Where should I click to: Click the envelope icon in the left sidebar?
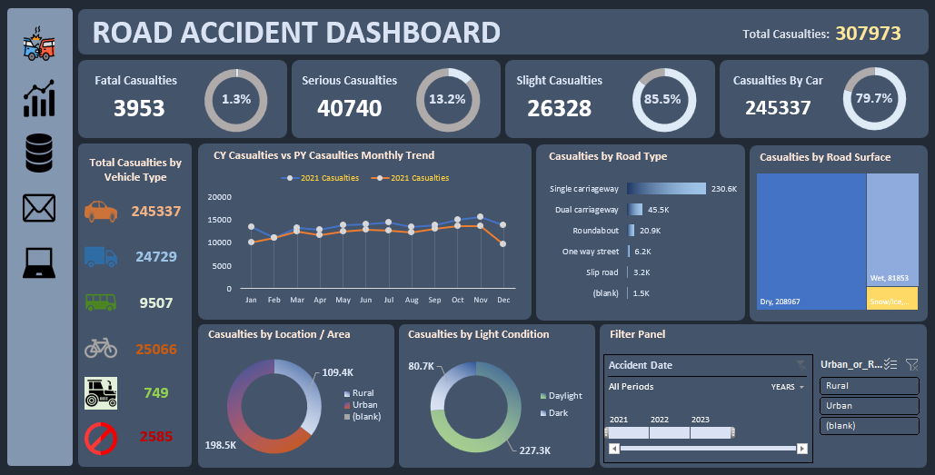(38, 208)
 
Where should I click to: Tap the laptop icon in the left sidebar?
(38, 264)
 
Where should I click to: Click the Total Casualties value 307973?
(868, 34)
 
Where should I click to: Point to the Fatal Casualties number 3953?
(139, 108)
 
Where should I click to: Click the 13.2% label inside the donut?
(447, 99)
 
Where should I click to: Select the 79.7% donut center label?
(874, 98)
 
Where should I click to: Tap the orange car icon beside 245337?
(101, 212)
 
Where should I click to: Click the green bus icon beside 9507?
(100, 302)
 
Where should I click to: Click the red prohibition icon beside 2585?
(100, 438)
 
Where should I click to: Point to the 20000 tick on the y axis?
(221, 197)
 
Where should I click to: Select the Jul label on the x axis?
(388, 299)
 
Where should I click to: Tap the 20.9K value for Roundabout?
(651, 231)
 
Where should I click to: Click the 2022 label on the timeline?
(659, 420)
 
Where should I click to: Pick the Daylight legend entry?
(565, 396)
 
